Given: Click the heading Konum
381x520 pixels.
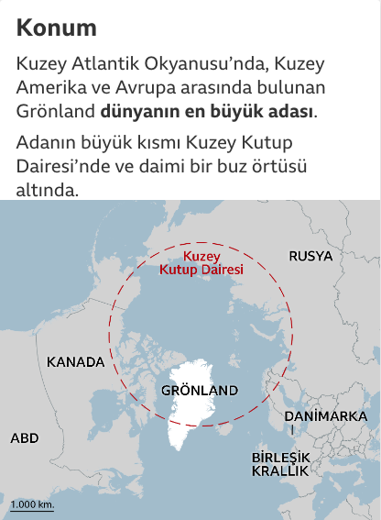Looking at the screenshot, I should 56,28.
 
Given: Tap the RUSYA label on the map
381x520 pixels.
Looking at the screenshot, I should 310,256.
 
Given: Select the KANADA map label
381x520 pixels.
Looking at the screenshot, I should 75,361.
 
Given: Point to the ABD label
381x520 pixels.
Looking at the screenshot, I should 25,438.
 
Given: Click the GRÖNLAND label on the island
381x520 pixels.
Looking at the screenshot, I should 199,390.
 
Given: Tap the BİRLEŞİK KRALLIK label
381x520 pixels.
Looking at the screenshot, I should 281,464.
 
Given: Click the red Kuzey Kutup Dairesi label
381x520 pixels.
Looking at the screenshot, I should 201,264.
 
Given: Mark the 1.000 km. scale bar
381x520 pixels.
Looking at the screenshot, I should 32,505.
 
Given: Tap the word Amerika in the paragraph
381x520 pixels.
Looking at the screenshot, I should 49,89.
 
